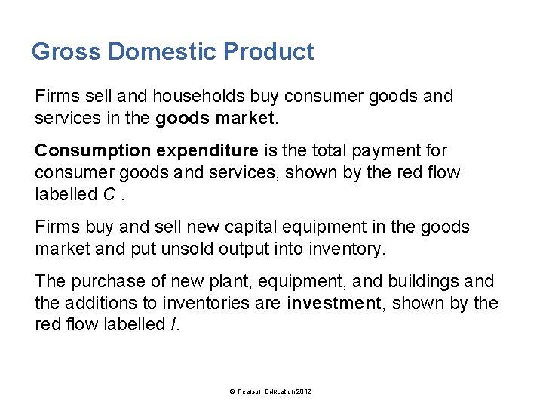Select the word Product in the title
click(269, 52)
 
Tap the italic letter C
click(109, 195)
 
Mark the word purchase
click(105, 282)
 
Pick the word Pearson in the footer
click(250, 391)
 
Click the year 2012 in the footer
click(304, 391)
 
